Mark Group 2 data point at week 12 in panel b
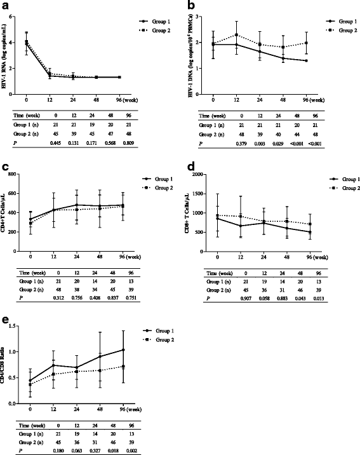pyautogui.click(x=237, y=35)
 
